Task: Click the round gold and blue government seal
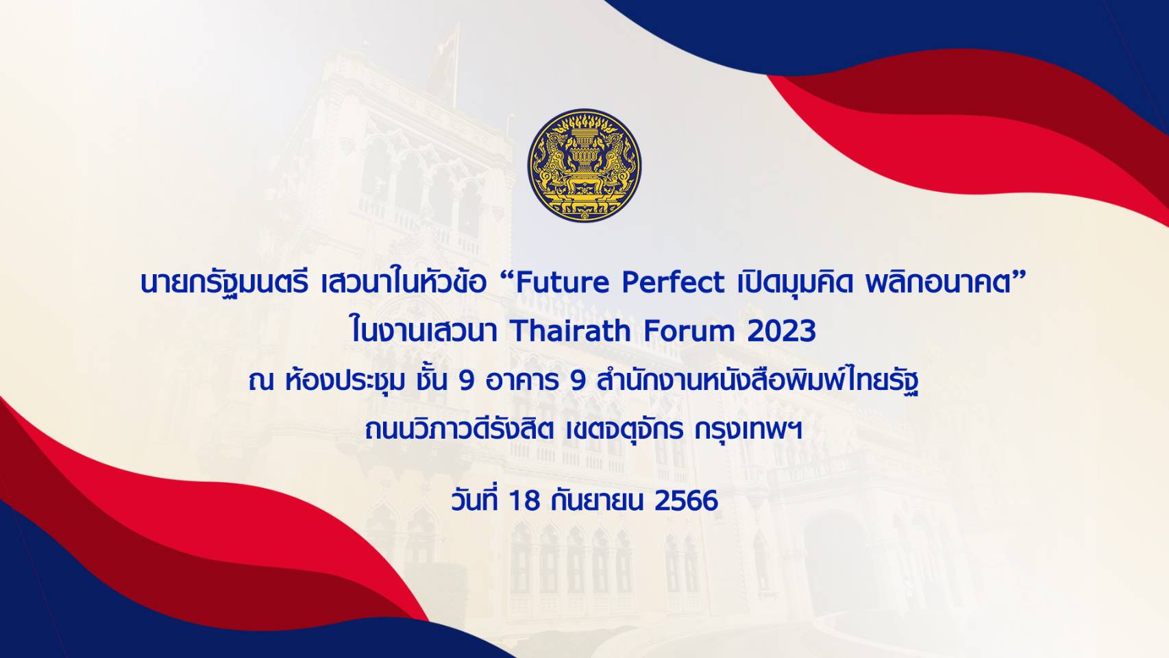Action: pos(584,165)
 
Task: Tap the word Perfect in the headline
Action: pos(673,282)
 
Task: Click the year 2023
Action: pos(781,331)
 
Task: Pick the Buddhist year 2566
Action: pos(686,500)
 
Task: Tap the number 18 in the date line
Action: pos(524,500)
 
